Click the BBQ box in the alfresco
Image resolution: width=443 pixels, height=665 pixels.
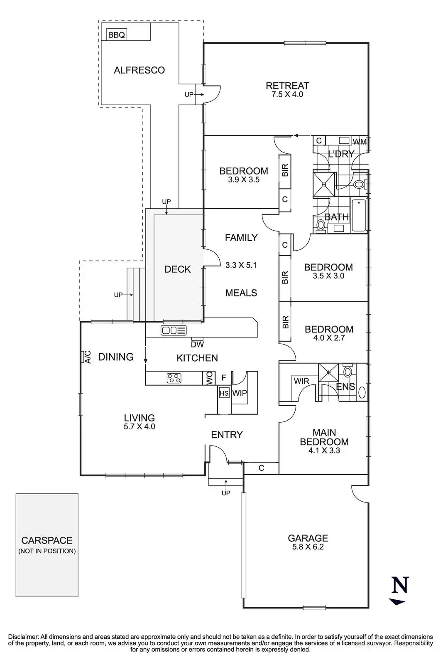point(117,35)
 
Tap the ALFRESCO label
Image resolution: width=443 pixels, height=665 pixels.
point(139,70)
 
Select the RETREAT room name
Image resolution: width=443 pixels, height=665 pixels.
point(287,86)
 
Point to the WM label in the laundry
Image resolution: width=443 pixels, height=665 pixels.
point(360,142)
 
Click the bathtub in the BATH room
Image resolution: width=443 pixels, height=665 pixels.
point(360,215)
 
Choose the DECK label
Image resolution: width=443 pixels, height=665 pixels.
point(177,269)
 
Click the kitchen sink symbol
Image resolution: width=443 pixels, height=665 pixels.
point(174,330)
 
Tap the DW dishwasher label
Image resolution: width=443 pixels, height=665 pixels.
point(197,345)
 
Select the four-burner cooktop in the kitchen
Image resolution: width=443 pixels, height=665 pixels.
point(174,378)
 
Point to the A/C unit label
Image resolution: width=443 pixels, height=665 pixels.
point(88,357)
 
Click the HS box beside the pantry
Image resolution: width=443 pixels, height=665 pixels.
point(224,393)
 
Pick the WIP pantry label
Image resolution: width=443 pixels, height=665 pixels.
point(240,393)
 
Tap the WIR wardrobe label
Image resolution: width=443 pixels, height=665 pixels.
point(301,381)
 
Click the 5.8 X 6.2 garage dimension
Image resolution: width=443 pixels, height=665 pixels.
point(308,547)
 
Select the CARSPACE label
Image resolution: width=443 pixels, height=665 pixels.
point(47,540)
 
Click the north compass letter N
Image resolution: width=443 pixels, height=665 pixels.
point(400,584)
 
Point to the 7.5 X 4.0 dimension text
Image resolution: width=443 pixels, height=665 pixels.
point(287,94)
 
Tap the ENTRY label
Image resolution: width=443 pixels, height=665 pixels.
point(227,435)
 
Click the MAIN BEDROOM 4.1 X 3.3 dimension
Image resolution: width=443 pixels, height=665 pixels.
point(324,451)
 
